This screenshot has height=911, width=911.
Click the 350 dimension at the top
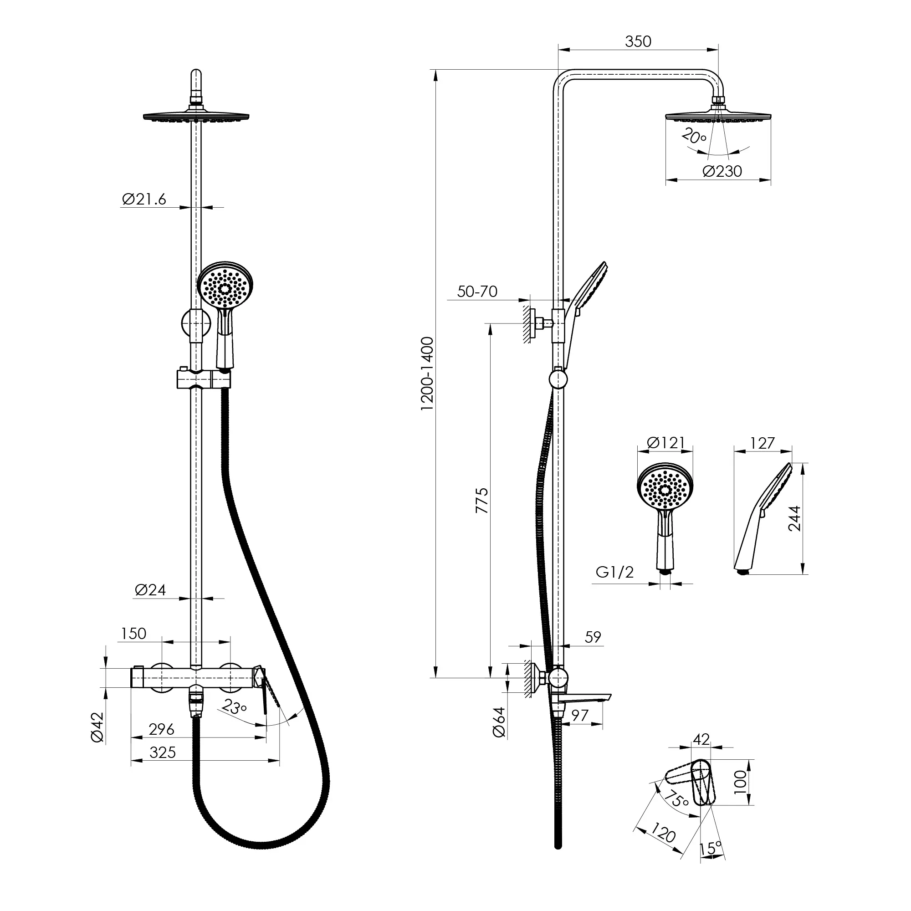tap(638, 41)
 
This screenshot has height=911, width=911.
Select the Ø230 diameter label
tap(722, 171)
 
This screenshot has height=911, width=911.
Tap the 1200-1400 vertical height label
tap(427, 374)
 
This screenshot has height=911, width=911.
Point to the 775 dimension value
tap(481, 501)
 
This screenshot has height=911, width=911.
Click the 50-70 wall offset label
tap(477, 292)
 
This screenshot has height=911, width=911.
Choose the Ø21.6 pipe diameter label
tap(144, 199)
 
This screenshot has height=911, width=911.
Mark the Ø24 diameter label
tap(150, 590)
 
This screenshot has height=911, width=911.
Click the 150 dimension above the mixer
tap(133, 633)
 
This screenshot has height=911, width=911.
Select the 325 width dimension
tap(162, 752)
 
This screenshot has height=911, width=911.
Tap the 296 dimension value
tap(161, 729)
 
